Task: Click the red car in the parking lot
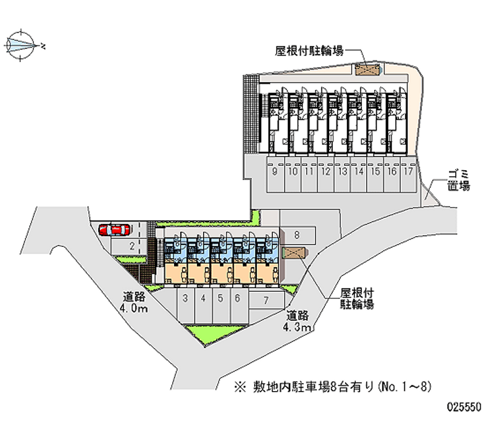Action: click(x=115, y=229)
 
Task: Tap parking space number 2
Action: click(x=131, y=246)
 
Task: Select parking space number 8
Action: click(x=297, y=234)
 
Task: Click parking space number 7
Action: click(x=266, y=299)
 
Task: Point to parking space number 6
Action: click(x=238, y=298)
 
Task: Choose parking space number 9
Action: click(x=275, y=171)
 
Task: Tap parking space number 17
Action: click(x=409, y=171)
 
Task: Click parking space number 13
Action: click(x=343, y=171)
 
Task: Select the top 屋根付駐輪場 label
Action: click(x=309, y=51)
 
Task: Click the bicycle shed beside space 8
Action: click(x=295, y=252)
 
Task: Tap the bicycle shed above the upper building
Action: click(x=367, y=70)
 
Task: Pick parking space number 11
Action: click(x=309, y=171)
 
